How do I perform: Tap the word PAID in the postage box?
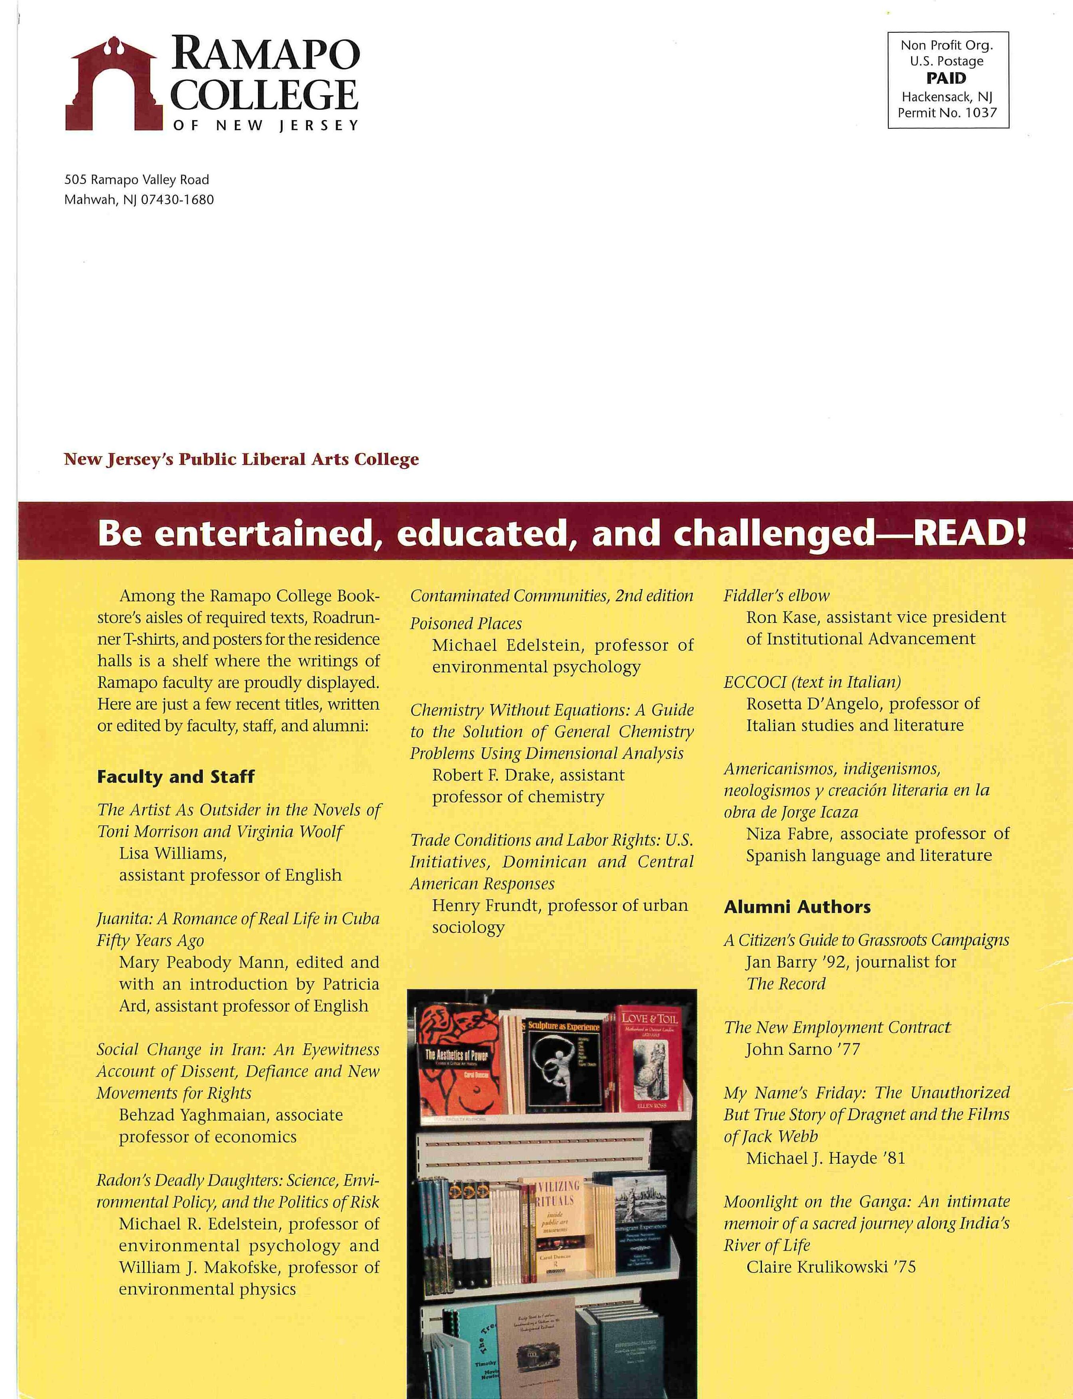[x=947, y=79]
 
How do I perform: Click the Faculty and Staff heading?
[x=175, y=777]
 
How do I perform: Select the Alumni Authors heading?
[x=797, y=907]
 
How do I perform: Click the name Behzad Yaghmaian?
[x=198, y=1115]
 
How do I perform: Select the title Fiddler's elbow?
[x=776, y=595]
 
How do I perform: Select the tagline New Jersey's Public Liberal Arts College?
[x=241, y=459]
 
